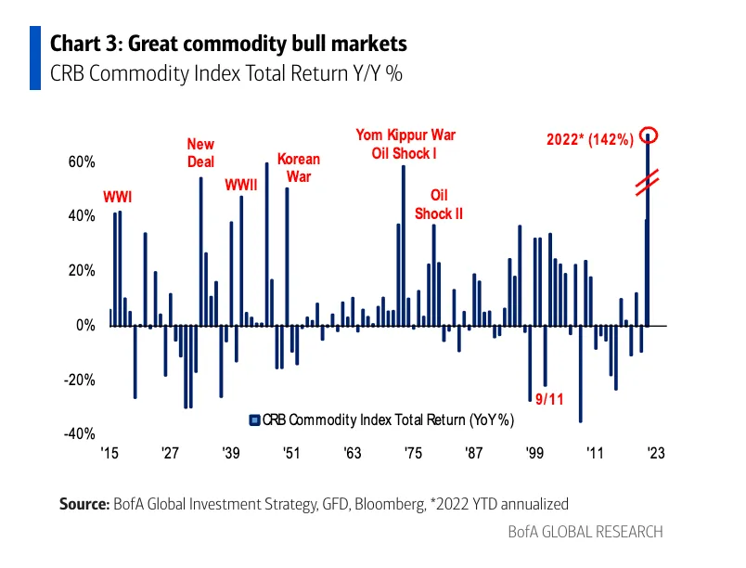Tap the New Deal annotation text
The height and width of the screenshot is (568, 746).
[200, 153]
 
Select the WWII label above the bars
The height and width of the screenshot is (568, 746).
[242, 184]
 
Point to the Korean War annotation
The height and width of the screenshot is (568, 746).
[298, 168]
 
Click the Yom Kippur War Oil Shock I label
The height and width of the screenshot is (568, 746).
[405, 144]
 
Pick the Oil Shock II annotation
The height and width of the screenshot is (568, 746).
[438, 204]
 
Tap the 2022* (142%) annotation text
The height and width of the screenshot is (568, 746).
[589, 140]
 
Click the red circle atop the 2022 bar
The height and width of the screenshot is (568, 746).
[648, 135]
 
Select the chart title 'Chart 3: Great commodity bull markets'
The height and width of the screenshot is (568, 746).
[227, 44]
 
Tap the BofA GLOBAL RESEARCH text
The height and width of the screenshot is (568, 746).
[585, 532]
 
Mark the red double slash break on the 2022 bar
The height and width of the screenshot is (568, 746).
[648, 183]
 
